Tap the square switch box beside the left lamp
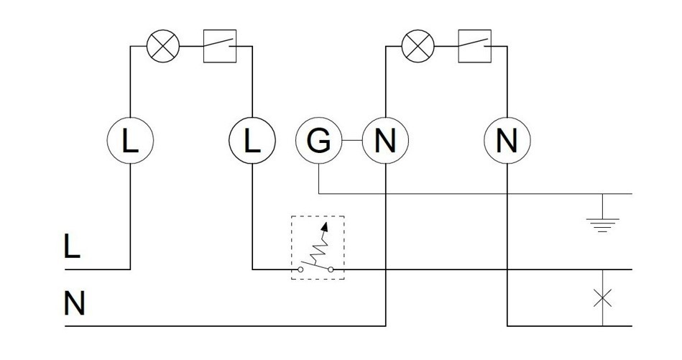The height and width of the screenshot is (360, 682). tap(220, 46)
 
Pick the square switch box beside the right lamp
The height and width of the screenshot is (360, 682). tap(474, 46)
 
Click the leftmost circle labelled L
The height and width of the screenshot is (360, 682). tap(130, 141)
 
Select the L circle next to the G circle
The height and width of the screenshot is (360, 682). tap(252, 141)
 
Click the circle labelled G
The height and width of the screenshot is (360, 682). tap(318, 141)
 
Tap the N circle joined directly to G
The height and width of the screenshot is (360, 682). tap(385, 141)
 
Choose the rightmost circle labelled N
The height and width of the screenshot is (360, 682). tap(507, 141)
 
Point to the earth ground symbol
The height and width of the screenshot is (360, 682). tap(602, 223)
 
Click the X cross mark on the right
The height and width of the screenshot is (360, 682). tap(602, 297)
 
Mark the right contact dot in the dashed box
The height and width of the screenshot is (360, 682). tap(331, 270)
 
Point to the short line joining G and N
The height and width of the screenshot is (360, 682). tap(351, 141)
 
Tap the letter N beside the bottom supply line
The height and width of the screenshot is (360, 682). tap(74, 305)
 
